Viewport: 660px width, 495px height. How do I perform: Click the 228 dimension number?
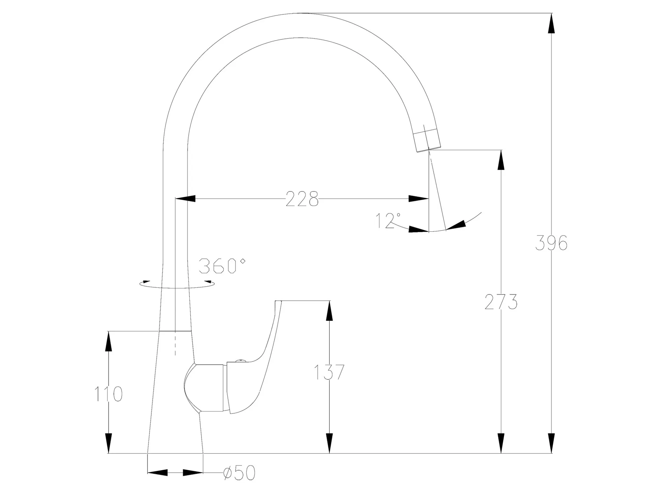click(x=302, y=199)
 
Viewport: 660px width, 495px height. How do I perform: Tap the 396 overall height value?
click(x=551, y=243)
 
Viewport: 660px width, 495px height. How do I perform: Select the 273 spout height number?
click(x=501, y=302)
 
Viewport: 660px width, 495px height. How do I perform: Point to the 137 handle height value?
click(x=329, y=372)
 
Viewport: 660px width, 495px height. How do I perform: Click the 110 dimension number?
click(x=109, y=394)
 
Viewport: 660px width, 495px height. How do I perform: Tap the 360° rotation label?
click(x=222, y=266)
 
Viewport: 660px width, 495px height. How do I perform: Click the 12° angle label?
click(x=388, y=220)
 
